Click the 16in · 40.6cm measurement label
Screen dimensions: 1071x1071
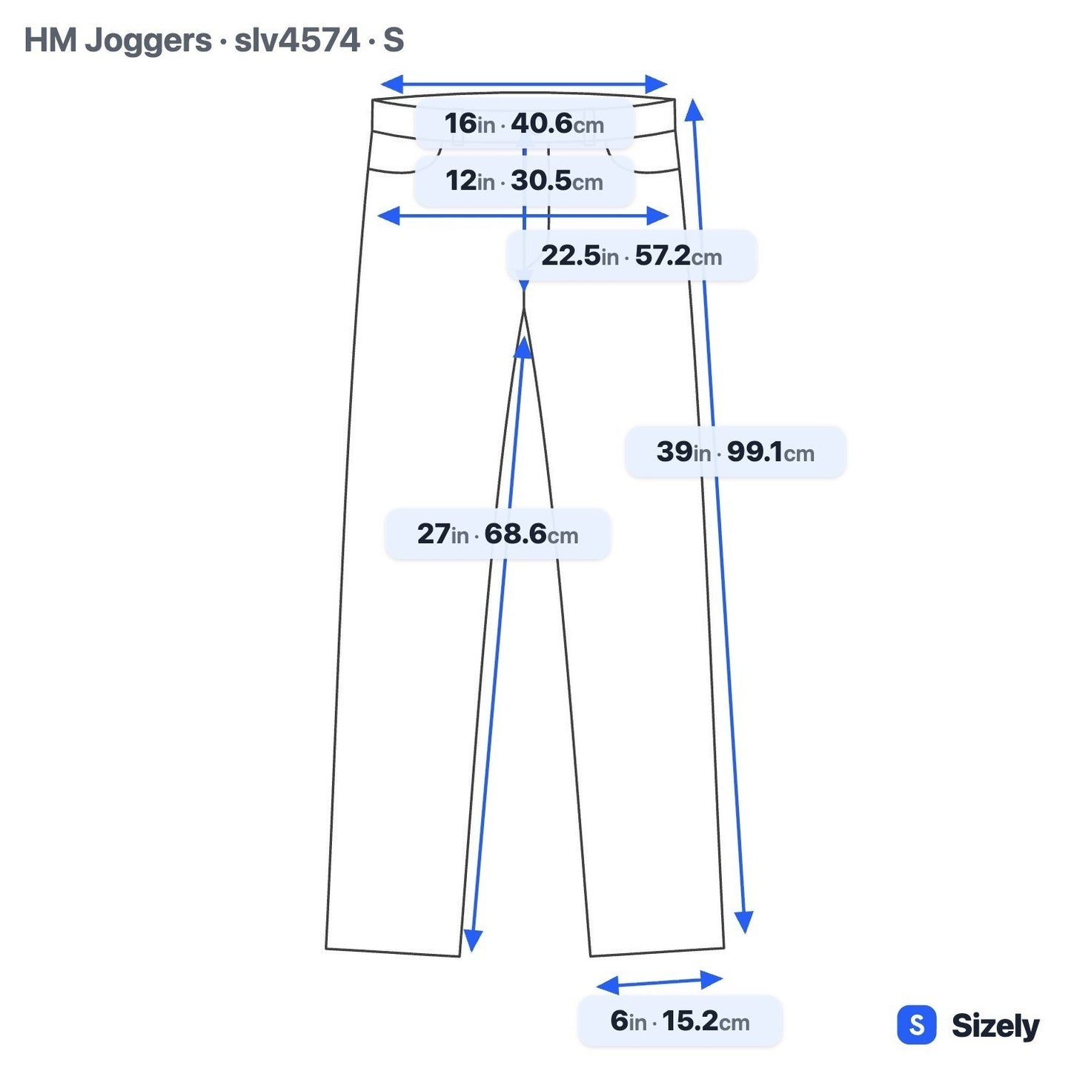click(x=524, y=124)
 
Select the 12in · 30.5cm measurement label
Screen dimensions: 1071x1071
click(x=524, y=181)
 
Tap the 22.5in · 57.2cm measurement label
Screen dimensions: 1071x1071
click(x=631, y=256)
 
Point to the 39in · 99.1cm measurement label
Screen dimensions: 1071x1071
click(x=735, y=451)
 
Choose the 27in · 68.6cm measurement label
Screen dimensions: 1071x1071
click(x=498, y=534)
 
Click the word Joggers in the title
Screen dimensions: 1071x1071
click(x=148, y=41)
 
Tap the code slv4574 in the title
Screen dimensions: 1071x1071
click(x=297, y=40)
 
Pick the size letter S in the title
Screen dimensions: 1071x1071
click(x=394, y=40)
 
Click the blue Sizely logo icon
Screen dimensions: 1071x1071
click(x=917, y=1024)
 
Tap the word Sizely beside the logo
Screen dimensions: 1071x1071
click(x=995, y=1026)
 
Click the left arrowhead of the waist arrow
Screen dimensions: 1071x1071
click(x=391, y=84)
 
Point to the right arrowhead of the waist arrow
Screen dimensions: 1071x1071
click(x=657, y=84)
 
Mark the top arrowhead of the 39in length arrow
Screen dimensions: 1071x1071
click(x=694, y=110)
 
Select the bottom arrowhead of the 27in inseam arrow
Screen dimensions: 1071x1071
click(x=472, y=941)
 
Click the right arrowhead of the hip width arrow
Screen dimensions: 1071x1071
click(x=658, y=216)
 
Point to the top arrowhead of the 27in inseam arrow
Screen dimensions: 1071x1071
click(x=523, y=348)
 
